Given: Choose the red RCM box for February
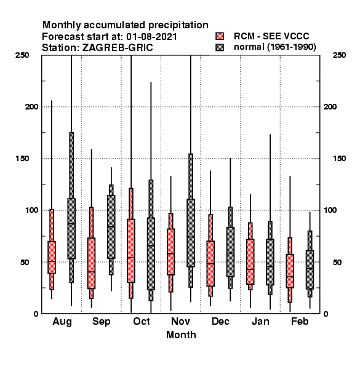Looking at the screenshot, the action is click(x=290, y=271).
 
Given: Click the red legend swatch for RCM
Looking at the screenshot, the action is click(x=220, y=36).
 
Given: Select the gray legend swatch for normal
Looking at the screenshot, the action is click(x=220, y=47).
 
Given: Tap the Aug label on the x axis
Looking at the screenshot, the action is click(x=62, y=322).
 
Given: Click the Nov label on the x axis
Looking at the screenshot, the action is click(x=180, y=321).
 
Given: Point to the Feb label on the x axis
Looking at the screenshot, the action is click(x=300, y=321).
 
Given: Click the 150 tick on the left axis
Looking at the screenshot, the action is click(x=22, y=159).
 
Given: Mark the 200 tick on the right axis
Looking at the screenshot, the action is click(x=330, y=106).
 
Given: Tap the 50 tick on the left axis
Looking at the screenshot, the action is click(x=25, y=262).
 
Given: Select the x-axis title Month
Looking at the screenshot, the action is click(x=181, y=335).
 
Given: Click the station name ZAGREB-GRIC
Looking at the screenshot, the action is click(x=118, y=48).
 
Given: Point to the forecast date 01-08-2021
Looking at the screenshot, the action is click(x=151, y=37).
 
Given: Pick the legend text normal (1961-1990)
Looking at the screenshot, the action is click(x=275, y=47).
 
